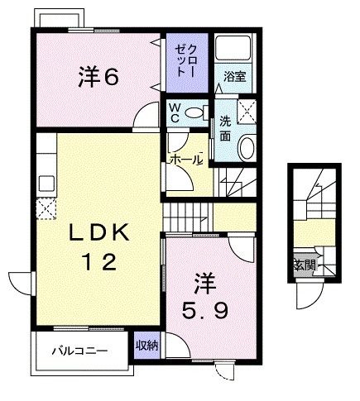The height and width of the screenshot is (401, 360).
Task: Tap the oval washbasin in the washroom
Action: (246, 148)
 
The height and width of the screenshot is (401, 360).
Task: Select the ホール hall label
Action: (185, 159)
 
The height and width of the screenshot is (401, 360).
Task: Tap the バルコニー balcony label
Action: (79, 351)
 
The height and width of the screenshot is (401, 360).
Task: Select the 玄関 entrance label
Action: (304, 265)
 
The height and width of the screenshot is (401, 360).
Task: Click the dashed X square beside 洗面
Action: (246, 110)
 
